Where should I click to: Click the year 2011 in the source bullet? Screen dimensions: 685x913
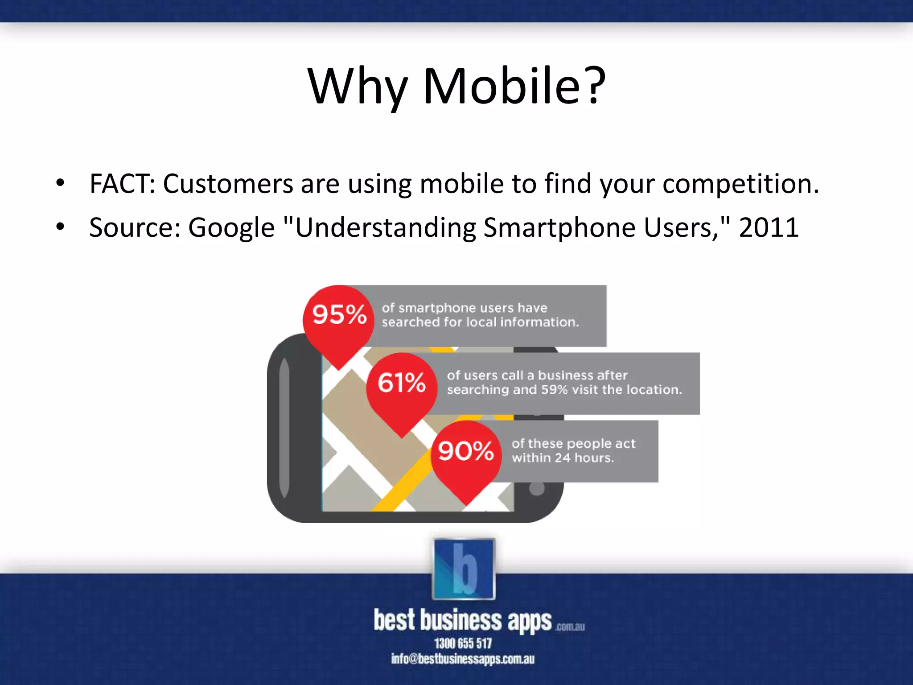coord(769,227)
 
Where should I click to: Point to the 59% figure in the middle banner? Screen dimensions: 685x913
coord(554,390)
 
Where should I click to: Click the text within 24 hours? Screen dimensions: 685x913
coord(563,458)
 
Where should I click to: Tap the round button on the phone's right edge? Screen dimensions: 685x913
coord(537,489)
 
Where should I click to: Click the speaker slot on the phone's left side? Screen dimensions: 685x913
coord(284,428)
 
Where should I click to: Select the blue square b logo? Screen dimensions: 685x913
coord(464,569)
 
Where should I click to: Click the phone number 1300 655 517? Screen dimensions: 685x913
coord(463,643)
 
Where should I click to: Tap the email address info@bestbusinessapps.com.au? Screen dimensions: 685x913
coord(463,659)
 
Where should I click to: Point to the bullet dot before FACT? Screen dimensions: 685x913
coord(60,183)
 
